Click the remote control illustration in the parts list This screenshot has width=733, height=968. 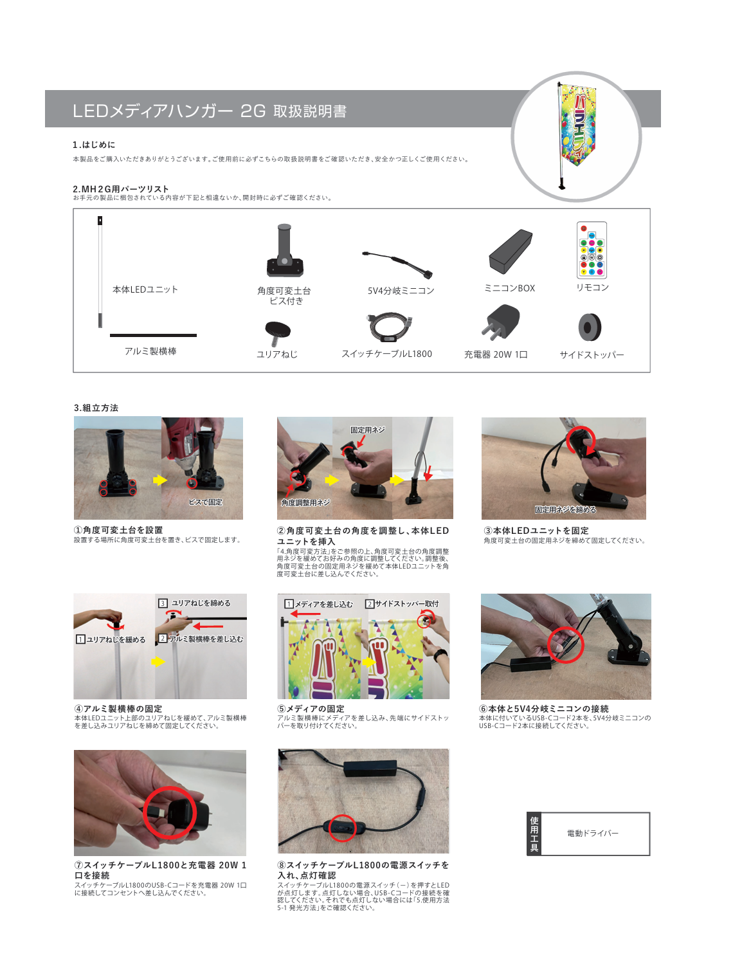click(x=592, y=250)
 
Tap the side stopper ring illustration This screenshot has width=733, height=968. click(x=590, y=327)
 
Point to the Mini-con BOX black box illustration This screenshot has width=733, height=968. click(x=511, y=252)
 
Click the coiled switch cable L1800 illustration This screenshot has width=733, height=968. click(x=389, y=327)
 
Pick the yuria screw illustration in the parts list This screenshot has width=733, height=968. click(x=278, y=333)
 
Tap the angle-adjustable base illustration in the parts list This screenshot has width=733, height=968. click(x=285, y=250)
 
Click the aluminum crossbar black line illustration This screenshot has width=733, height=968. click(x=153, y=335)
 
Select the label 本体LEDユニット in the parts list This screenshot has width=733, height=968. click(x=145, y=289)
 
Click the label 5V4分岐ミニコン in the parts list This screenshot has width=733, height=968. click(x=401, y=291)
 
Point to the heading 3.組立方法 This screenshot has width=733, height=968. click(x=96, y=408)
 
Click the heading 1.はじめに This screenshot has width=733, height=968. click(x=94, y=145)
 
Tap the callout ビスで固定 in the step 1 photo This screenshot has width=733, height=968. click(x=205, y=502)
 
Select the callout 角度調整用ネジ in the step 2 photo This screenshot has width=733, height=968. click(x=305, y=502)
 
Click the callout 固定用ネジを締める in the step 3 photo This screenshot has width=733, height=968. click(x=565, y=509)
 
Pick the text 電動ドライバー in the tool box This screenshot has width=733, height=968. click(x=592, y=833)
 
